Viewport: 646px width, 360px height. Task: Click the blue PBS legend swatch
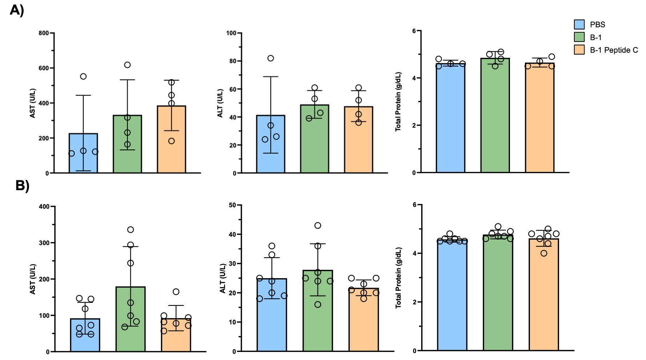579,24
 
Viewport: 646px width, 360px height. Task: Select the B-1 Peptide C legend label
614,50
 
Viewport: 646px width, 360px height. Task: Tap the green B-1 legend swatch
579,37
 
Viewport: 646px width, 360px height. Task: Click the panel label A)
17,10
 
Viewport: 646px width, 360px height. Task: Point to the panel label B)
22,185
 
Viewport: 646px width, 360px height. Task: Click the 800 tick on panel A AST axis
44,33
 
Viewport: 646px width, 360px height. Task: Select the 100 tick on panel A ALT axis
231,33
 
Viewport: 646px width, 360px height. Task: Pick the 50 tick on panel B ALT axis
232,205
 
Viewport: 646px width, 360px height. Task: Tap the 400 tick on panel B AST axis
44,207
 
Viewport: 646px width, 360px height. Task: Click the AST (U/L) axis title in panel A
33,103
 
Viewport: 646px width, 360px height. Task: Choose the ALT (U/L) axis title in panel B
223,279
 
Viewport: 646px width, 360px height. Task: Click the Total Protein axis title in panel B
399,278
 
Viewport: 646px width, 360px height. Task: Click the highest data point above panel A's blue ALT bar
271,58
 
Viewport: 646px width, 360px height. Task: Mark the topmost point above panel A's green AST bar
127,65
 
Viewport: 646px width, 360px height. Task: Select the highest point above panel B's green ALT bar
318,225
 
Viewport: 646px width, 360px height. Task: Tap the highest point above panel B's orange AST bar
176,292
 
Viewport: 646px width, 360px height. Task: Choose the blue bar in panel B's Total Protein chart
452,298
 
